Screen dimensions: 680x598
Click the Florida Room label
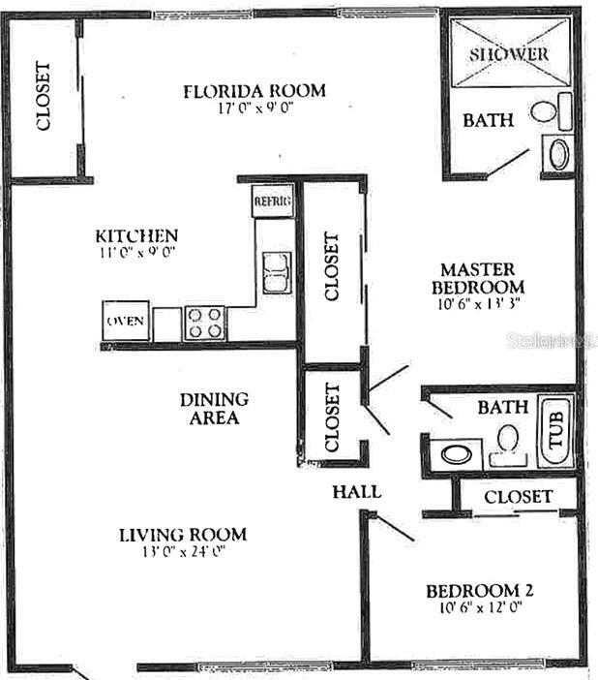[254, 91]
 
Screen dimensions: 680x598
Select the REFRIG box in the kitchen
[272, 201]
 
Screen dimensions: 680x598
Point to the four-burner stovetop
[204, 323]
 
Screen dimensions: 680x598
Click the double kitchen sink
[276, 271]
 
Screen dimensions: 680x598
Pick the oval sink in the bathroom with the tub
[455, 452]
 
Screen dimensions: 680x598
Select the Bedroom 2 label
[481, 591]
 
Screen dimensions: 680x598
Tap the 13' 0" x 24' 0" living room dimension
[182, 554]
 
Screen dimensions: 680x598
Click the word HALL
[356, 492]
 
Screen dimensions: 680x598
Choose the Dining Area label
[214, 408]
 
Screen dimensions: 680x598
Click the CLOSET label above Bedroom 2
[518, 497]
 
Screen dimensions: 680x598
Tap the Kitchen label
[136, 235]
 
